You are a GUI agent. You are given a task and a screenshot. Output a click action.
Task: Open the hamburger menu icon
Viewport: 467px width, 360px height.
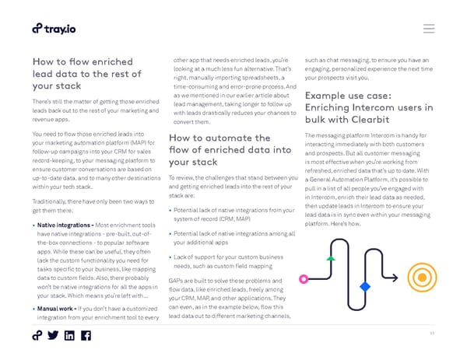[429, 29]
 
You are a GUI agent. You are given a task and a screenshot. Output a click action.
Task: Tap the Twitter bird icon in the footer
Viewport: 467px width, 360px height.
[53, 336]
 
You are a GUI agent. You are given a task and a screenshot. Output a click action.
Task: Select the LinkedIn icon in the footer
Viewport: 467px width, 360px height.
[69, 336]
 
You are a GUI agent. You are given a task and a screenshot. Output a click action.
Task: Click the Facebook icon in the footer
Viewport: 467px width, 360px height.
[86, 336]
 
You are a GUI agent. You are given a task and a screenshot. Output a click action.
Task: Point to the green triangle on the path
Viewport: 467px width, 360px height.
[331, 257]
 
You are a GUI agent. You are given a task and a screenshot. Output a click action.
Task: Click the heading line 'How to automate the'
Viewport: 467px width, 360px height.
[219, 138]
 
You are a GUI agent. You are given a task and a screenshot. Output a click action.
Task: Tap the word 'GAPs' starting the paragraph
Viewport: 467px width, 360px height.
[176, 279]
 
